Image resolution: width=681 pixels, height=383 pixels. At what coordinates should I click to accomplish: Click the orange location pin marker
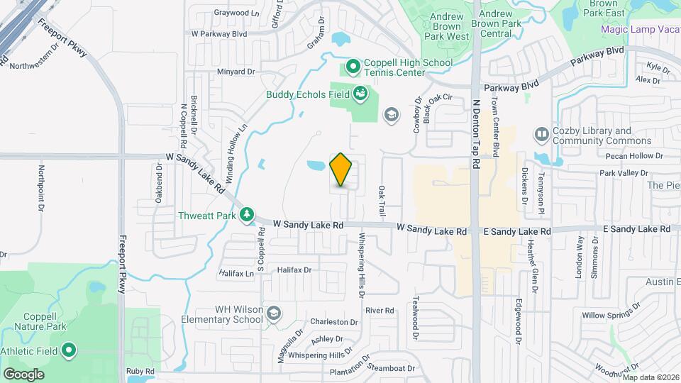341,170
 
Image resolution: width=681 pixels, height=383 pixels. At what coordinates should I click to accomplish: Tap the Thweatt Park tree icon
247,214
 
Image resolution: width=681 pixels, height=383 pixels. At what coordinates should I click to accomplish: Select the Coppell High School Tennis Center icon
353,67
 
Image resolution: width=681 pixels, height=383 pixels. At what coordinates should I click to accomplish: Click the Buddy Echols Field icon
360,94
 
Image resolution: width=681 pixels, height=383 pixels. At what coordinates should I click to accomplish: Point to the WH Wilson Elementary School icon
274,313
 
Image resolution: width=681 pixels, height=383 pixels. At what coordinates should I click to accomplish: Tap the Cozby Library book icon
541,134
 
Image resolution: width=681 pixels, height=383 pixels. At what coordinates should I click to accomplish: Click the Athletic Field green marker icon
69,350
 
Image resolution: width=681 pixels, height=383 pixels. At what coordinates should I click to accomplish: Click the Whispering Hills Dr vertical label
362,260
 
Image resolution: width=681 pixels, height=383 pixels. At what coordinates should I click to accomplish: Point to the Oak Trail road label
382,201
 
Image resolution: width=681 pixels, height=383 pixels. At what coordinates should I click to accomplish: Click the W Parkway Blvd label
218,33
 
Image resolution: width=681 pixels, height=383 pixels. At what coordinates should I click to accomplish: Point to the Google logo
23,374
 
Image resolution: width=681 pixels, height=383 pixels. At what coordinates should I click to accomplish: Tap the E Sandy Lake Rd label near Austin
636,229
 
